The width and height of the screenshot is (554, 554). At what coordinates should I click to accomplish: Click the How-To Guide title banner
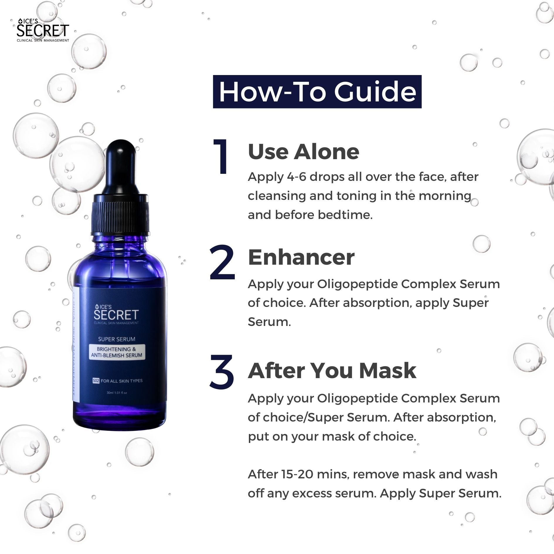coord(317,92)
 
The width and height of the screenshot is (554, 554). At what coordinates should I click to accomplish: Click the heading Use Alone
coord(303,152)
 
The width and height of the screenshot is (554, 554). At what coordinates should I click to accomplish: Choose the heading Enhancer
coord(301,257)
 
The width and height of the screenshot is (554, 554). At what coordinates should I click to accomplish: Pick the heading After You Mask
coord(332,371)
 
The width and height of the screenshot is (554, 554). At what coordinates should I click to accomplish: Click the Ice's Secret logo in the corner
coord(43,30)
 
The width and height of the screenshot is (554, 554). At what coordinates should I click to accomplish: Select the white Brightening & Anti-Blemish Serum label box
coord(117,352)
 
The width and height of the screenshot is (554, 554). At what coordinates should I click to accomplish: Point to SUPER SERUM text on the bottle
coord(117,339)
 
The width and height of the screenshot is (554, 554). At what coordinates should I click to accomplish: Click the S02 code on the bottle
coord(96,381)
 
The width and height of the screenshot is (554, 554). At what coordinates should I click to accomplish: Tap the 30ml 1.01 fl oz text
coord(117,393)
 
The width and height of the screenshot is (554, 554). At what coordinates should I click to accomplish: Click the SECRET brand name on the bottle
coord(116,315)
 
